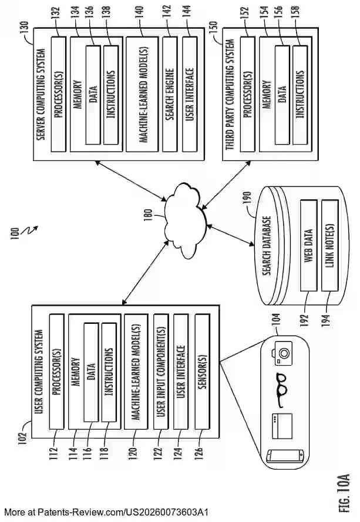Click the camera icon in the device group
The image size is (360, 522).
280,353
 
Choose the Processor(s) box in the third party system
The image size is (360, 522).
248,95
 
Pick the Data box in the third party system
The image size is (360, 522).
282,95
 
